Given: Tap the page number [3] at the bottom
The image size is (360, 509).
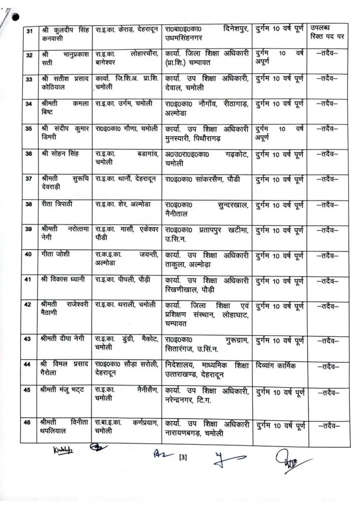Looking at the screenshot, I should [183, 457].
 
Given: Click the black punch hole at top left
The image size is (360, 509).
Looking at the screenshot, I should [16, 17].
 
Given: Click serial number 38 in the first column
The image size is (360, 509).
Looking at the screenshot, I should [29, 204].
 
